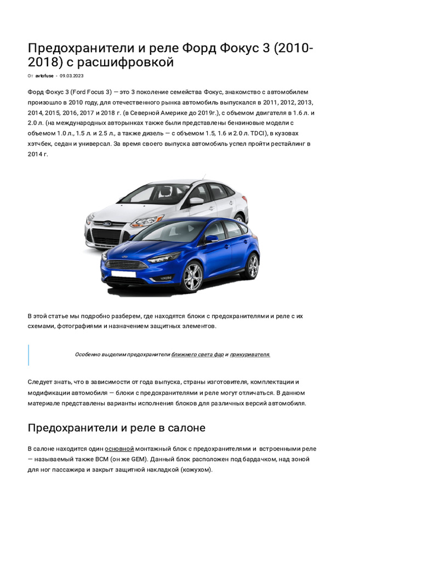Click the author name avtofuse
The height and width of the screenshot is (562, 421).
(x=44, y=76)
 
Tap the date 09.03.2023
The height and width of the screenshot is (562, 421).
(x=71, y=76)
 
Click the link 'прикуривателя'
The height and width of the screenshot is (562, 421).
(x=250, y=355)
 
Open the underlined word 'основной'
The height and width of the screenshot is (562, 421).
(x=120, y=449)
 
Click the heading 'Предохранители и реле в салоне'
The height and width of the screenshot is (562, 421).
(x=116, y=428)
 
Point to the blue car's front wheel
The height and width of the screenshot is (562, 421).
(x=192, y=276)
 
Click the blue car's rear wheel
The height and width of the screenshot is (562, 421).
(x=252, y=266)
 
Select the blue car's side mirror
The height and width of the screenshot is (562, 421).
(x=211, y=239)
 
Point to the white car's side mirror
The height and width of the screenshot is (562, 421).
(x=196, y=201)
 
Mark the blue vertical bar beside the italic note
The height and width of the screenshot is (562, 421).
(x=29, y=355)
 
